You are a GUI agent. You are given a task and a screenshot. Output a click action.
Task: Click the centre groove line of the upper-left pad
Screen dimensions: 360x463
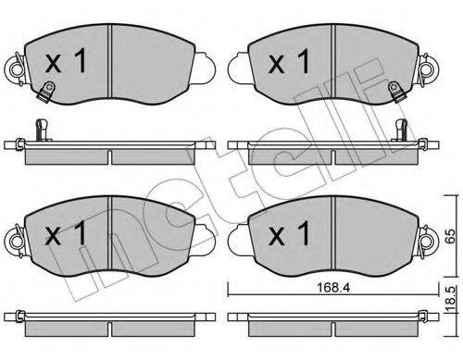pyautogui.click(x=110, y=61)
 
